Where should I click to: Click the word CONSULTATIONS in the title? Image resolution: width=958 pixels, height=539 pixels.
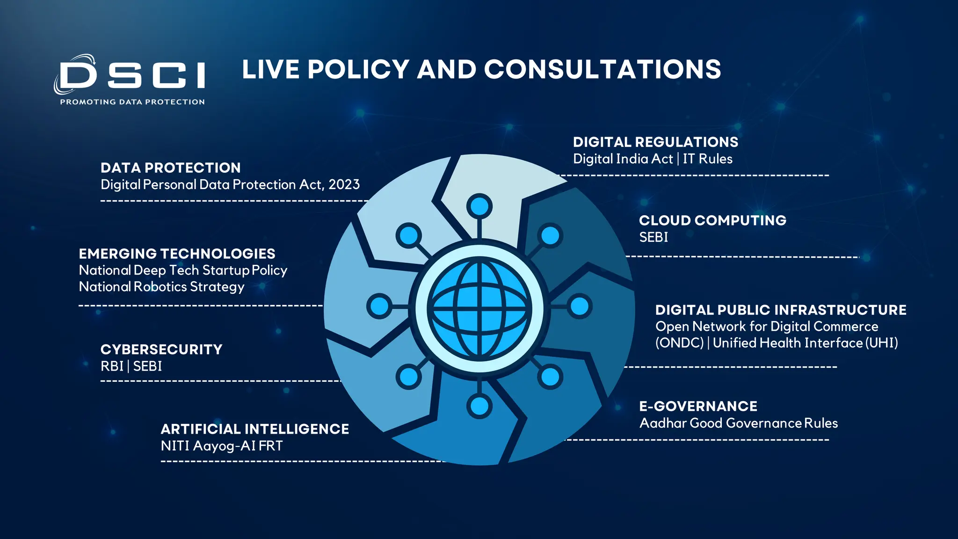click(x=602, y=70)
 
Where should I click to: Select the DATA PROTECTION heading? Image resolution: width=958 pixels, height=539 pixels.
click(x=170, y=168)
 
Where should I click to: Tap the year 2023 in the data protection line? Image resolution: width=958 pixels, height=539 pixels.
click(x=344, y=184)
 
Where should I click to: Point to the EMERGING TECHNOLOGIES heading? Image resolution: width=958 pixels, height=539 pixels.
click(x=177, y=254)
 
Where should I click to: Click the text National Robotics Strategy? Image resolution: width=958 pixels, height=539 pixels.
click(x=161, y=286)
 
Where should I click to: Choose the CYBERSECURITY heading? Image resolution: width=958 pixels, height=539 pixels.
click(x=161, y=350)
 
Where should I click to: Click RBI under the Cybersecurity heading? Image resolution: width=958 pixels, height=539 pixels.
click(x=112, y=366)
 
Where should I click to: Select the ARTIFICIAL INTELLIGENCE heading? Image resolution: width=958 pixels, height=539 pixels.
click(x=254, y=429)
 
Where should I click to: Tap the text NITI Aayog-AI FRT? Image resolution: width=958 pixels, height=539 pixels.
click(x=221, y=445)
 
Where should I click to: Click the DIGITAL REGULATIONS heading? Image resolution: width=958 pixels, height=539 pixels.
click(x=655, y=142)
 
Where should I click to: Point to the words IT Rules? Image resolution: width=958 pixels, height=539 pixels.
click(x=707, y=159)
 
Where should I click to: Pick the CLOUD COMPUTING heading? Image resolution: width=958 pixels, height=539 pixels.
click(x=712, y=220)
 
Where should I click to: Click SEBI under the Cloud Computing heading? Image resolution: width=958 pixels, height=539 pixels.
click(x=653, y=237)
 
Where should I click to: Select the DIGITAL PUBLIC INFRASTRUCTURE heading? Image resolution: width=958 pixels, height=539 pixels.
click(x=781, y=310)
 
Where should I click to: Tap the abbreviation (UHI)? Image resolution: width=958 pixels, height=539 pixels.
click(x=881, y=343)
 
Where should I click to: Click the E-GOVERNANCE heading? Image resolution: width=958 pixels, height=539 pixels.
click(x=698, y=406)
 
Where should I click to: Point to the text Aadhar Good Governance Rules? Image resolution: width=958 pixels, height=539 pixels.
click(x=738, y=423)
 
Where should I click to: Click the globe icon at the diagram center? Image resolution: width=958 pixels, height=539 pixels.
click(x=479, y=308)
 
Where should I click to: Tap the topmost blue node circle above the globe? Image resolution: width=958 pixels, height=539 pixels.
click(x=479, y=206)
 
